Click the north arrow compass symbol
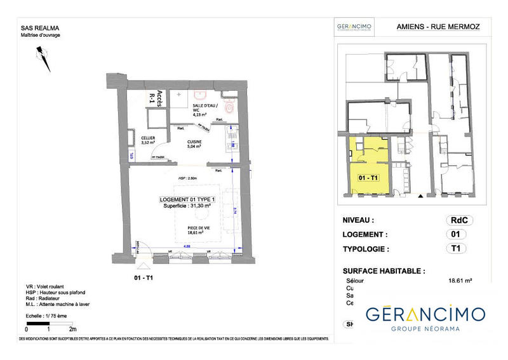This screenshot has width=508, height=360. click(41, 60)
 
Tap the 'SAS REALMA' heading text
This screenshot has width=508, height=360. click(39, 27)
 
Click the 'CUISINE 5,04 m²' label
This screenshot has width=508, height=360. click(194, 144)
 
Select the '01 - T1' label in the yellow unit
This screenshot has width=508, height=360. click(369, 178)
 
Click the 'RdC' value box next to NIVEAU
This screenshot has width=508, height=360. click(460, 220)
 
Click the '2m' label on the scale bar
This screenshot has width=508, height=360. click(72, 330)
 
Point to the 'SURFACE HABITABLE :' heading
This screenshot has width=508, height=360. click(384, 270)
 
